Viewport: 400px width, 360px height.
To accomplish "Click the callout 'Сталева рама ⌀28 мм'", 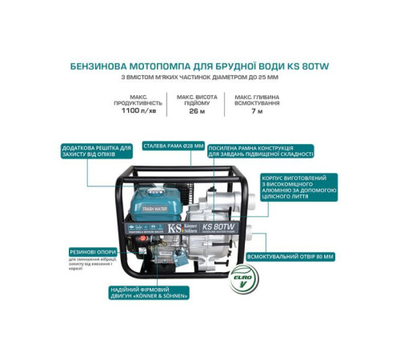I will point(171,146).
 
